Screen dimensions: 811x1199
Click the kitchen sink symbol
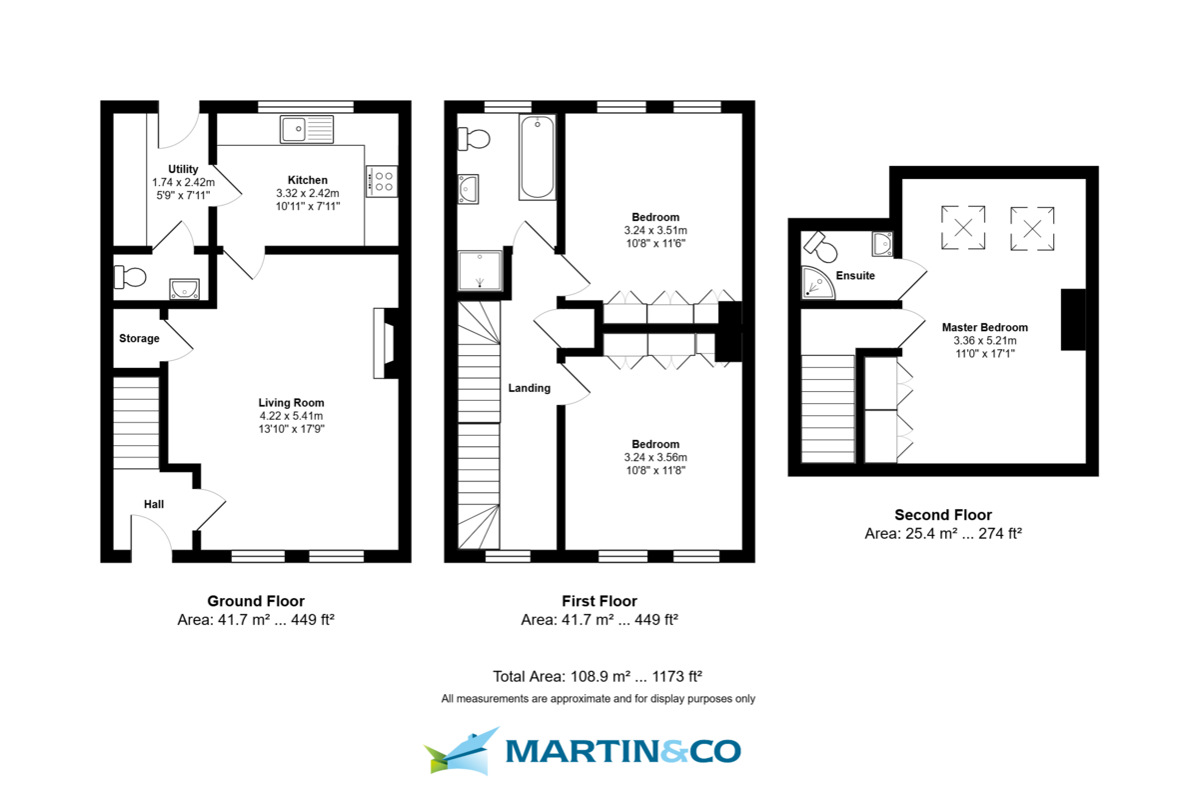(307, 128)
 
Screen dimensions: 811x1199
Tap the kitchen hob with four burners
(382, 179)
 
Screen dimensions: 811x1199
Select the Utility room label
(183, 169)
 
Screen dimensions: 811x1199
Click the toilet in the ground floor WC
(131, 277)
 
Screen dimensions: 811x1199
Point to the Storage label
(139, 338)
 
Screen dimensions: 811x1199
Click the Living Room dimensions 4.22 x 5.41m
(291, 415)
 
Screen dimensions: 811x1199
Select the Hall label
(153, 505)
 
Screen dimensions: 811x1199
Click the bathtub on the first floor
(538, 158)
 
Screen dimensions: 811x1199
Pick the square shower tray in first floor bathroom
(481, 270)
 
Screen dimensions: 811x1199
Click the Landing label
(529, 388)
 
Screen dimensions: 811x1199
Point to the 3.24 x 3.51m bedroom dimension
(655, 230)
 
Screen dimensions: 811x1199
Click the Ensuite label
(855, 275)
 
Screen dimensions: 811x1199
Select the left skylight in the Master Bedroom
(963, 225)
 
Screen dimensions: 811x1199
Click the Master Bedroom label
(984, 327)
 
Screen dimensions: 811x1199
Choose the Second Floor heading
(942, 515)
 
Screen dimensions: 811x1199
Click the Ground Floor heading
(256, 601)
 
